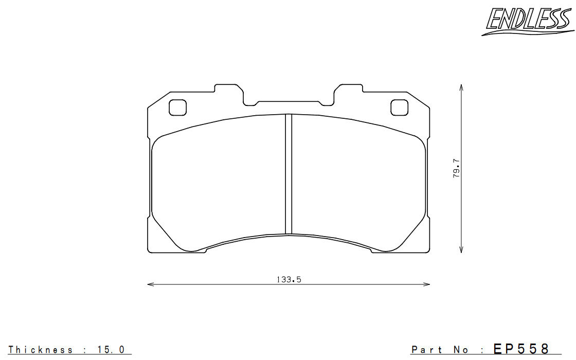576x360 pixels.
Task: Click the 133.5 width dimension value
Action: [x=289, y=280]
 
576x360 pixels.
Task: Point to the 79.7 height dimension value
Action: [x=456, y=168]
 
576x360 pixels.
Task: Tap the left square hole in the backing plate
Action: [x=178, y=107]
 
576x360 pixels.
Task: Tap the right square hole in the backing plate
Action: [x=399, y=107]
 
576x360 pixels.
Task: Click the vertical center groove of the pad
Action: [x=289, y=174]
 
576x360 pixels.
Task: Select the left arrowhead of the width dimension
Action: [x=150, y=284]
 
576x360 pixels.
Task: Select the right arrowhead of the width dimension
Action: [x=426, y=284]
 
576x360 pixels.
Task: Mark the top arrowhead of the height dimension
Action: [x=461, y=87]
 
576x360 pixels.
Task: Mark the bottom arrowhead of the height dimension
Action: [x=461, y=250]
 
